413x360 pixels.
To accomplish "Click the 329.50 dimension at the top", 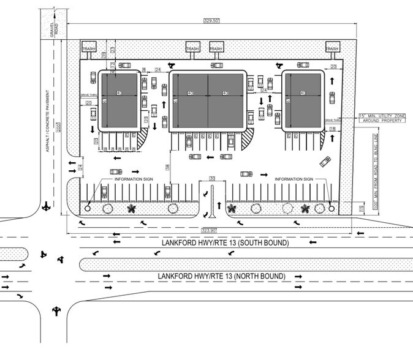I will point(211,20).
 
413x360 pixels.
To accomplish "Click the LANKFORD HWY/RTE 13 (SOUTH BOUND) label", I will point(225,243).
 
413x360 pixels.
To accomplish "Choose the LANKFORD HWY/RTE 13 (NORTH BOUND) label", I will point(221,277).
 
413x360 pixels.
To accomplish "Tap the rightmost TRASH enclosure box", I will point(332,49).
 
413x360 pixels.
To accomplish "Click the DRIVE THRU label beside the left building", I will point(89,96).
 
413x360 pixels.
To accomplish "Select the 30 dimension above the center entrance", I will point(212,178).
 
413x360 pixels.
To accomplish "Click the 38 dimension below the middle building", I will point(167,167).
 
